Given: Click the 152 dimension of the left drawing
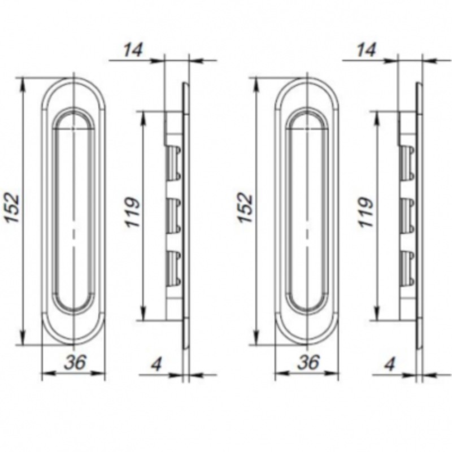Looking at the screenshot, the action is [x=13, y=208].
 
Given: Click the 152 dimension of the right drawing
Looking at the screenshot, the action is [x=246, y=208].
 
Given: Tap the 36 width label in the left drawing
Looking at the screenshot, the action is [x=75, y=362].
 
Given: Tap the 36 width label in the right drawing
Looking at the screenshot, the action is [x=308, y=362].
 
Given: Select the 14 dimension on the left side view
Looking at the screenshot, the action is [x=133, y=50].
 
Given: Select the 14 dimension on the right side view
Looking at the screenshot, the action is [x=366, y=50].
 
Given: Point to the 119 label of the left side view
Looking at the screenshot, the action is [x=133, y=212].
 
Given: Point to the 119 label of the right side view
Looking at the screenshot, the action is [x=366, y=212].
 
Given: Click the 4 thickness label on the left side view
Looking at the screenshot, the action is [x=157, y=364].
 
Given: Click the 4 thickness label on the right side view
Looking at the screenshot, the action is [x=390, y=364].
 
